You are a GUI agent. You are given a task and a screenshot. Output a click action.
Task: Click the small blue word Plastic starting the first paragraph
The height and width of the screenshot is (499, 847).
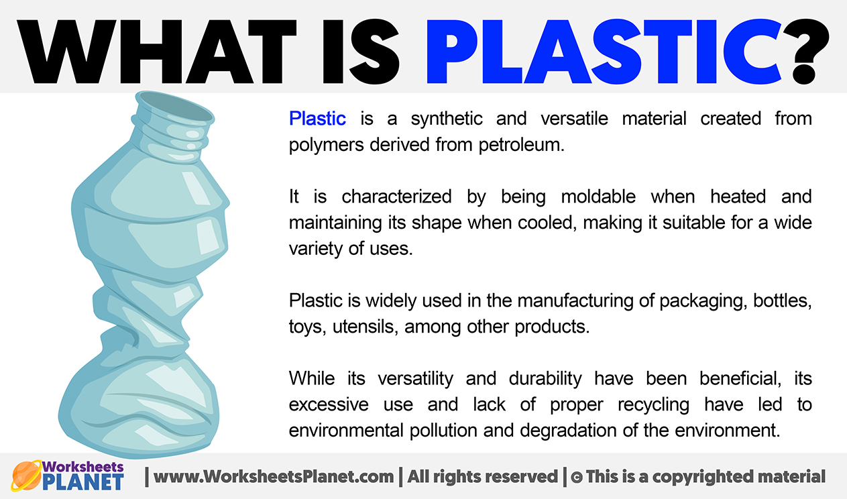317,119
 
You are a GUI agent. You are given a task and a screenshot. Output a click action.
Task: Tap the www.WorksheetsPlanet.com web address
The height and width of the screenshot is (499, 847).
274,477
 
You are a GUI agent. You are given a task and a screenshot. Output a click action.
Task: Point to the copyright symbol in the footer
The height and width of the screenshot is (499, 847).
576,478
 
